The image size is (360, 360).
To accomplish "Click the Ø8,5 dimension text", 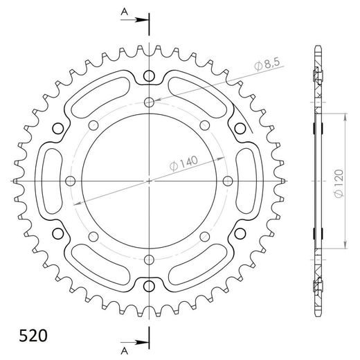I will (x=267, y=65).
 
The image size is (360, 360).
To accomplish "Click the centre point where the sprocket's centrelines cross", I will (x=149, y=181).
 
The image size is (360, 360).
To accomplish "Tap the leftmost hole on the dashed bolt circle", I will (x=69, y=181).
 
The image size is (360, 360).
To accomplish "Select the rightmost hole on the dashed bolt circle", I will (x=228, y=181).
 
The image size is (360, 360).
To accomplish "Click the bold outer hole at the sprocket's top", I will (x=149, y=76).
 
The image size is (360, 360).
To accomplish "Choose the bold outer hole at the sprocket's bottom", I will (x=149, y=285).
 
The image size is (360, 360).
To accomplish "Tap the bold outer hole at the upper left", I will (x=58, y=128).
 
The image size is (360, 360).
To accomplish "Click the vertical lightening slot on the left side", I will (x=50, y=181).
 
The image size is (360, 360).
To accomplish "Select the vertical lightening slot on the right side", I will (x=247, y=181).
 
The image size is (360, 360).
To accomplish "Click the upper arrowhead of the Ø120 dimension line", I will (x=345, y=114).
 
